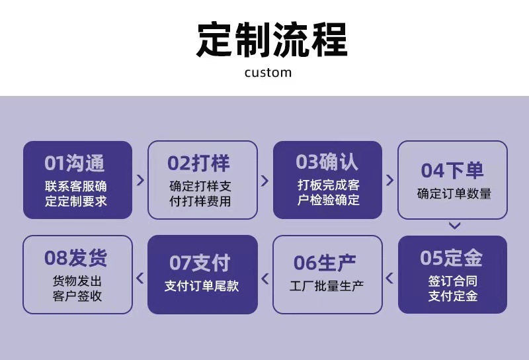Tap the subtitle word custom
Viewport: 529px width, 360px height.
pyautogui.click(x=268, y=72)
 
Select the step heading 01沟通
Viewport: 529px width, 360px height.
pyautogui.click(x=75, y=163)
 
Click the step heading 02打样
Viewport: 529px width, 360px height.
pyautogui.click(x=199, y=163)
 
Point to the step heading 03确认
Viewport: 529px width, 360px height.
pyautogui.click(x=327, y=161)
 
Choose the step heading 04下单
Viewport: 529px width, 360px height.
pyautogui.click(x=452, y=170)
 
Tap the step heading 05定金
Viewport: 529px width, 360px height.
pyautogui.click(x=452, y=257)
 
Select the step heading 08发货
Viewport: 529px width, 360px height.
pyautogui.click(x=75, y=257)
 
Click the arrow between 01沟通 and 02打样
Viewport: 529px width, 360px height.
pyautogui.click(x=140, y=180)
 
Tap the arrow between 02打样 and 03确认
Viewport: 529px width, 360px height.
pyautogui.click(x=265, y=180)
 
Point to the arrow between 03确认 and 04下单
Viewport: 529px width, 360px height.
pyautogui.click(x=389, y=180)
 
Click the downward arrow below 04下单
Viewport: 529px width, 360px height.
pyautogui.click(x=454, y=226)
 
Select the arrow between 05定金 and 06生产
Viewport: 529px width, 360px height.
pyautogui.click(x=389, y=277)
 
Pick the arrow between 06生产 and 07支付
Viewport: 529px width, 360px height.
pyautogui.click(x=265, y=277)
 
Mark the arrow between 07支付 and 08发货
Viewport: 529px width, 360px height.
pyautogui.click(x=140, y=277)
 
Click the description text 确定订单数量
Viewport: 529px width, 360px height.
pyautogui.click(x=454, y=194)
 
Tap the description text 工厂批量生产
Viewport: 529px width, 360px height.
pyautogui.click(x=327, y=286)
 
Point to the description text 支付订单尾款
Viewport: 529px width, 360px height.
pyautogui.click(x=202, y=286)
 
